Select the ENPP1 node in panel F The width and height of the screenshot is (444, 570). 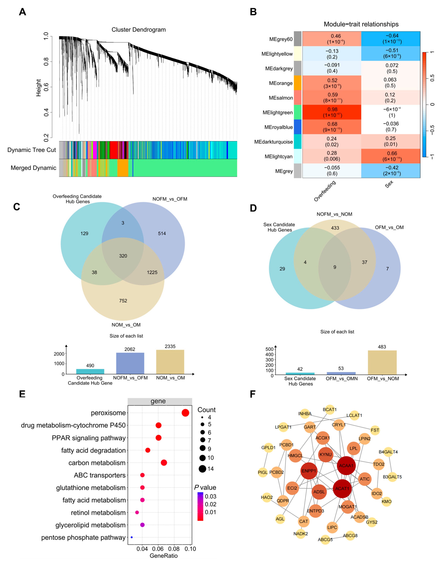(309, 471)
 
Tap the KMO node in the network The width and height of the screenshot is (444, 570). (386, 501)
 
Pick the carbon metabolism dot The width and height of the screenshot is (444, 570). (164, 463)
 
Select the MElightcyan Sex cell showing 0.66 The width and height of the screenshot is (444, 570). (391, 156)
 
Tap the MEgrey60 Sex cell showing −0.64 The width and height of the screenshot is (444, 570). (391, 39)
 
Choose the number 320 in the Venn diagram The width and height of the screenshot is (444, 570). (123, 256)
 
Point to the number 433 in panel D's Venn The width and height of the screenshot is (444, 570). (335, 228)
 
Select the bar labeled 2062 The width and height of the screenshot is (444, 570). (130, 363)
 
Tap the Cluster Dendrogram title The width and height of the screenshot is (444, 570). (139, 30)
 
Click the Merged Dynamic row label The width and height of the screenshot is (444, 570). (33, 168)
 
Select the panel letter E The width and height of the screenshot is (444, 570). (22, 394)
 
